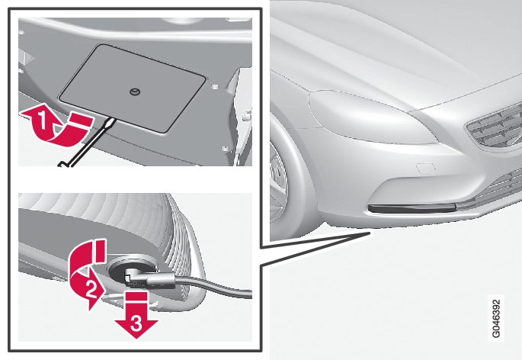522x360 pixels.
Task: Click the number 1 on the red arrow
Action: pyautogui.click(x=42, y=121)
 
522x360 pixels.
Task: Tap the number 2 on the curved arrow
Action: pyautogui.click(x=91, y=288)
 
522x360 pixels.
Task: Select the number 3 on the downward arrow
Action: pyautogui.click(x=136, y=323)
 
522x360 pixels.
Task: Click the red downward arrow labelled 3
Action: pyautogui.click(x=136, y=316)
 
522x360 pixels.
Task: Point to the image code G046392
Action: pyautogui.click(x=495, y=318)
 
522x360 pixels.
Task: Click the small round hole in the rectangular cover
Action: pyautogui.click(x=135, y=92)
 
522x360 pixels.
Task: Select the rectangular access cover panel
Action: pyautogui.click(x=132, y=88)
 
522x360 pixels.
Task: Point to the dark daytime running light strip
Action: pyautogui.click(x=412, y=209)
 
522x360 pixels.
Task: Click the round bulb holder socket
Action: pyautogui.click(x=133, y=268)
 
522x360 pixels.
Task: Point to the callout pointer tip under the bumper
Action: pyautogui.click(x=370, y=233)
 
